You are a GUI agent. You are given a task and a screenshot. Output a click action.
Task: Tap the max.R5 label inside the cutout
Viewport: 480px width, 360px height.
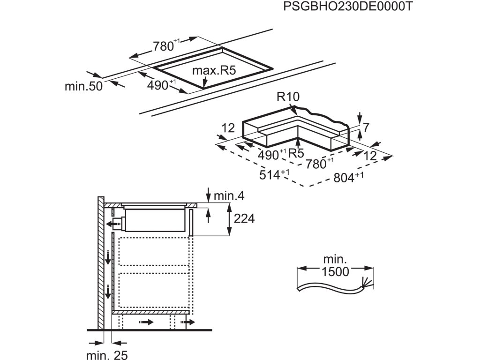pos(213,71)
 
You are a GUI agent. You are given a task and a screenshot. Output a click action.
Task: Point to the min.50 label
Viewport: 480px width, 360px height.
pos(83,86)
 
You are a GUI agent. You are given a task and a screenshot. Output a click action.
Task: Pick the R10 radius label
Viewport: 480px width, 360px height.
pos(287,97)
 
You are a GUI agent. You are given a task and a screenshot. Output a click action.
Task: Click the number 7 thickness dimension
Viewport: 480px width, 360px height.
pos(367,127)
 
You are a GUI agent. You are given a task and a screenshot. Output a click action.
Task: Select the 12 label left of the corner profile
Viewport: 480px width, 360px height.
pos(228,127)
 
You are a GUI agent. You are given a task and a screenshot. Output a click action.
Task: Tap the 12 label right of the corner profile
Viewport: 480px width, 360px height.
pos(370,157)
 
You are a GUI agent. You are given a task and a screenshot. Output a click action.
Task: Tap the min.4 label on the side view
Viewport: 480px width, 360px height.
pos(229,195)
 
